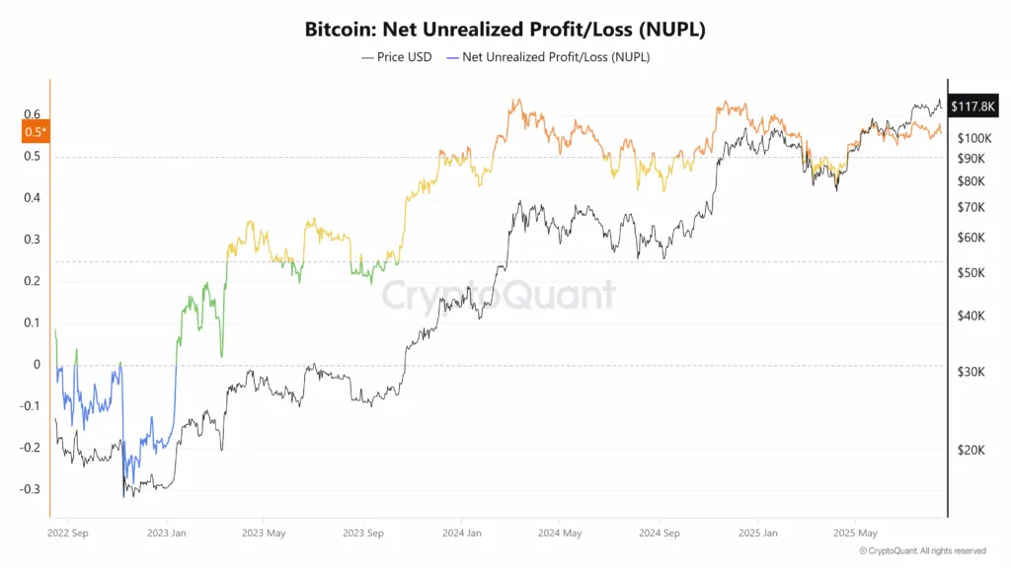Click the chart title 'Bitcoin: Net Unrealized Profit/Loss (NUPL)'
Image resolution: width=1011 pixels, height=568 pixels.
point(505,30)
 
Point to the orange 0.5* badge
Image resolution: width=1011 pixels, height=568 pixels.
point(35,131)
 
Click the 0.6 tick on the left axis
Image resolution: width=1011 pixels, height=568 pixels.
point(34,114)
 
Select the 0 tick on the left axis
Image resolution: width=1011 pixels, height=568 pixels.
point(38,365)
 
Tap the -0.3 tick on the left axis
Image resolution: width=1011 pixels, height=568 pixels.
point(32,489)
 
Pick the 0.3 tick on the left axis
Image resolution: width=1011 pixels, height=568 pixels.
point(34,240)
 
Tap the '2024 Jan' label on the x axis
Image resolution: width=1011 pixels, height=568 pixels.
point(460,533)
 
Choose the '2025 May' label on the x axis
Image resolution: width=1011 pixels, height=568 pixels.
point(855,533)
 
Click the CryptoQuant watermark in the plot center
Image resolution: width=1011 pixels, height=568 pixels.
point(499,295)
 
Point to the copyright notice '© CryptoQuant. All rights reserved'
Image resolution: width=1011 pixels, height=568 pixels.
point(922,550)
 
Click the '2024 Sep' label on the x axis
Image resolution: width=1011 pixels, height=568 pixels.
point(658,533)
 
